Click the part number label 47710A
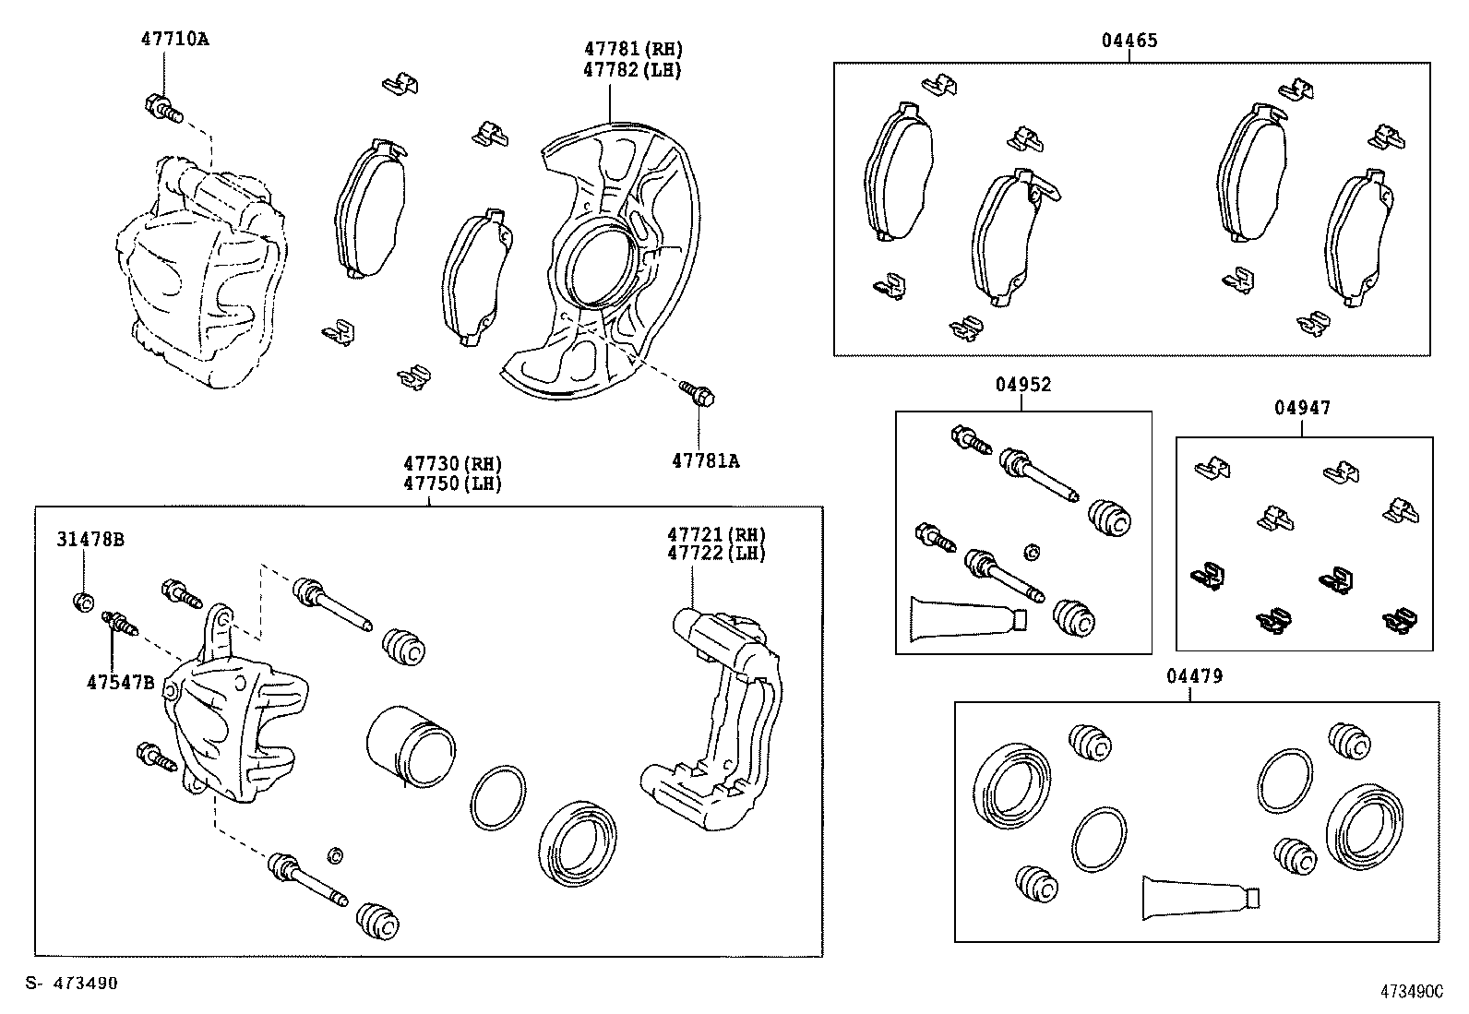pos(174,40)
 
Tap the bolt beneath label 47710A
pos(162,109)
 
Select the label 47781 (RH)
pos(633,49)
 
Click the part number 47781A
pos(705,460)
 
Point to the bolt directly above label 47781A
pos(698,394)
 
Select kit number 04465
pos(1129,41)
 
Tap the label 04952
pos(1022,385)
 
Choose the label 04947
pos(1303,408)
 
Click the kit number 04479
pos(1194,676)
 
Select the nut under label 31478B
pos(82,602)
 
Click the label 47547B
pos(120,683)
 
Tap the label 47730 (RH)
pos(452,464)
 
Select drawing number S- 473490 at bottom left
pos(72,984)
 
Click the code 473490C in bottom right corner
pos(1411,991)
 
